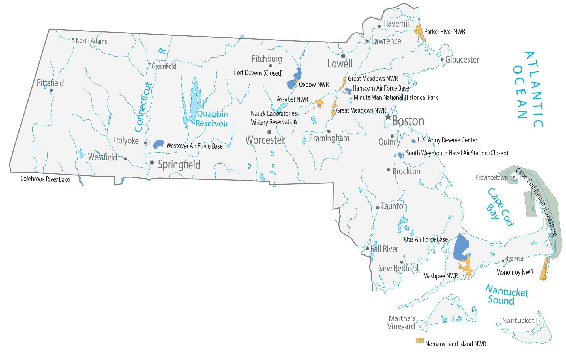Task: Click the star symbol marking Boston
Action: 388,117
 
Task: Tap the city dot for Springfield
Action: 152,162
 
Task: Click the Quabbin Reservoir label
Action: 212,119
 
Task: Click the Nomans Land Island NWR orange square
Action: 419,341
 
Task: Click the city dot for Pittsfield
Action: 51,91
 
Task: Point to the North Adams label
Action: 91,41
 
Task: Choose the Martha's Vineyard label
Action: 401,322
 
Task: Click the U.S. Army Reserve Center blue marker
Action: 413,141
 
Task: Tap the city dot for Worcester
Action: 269,132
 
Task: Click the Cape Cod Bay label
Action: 500,207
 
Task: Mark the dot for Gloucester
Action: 442,60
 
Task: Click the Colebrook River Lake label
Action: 45,179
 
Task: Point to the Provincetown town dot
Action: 514,177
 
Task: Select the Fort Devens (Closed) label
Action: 258,73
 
